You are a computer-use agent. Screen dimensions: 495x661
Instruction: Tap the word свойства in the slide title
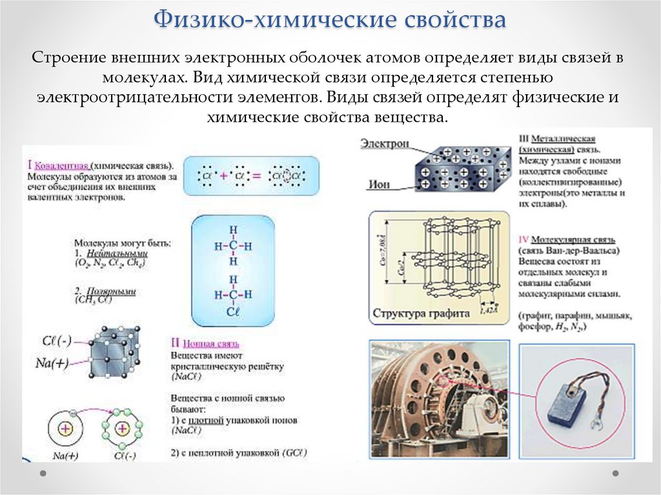tap(454, 20)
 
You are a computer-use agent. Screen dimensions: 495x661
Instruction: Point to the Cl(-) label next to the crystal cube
tap(57, 339)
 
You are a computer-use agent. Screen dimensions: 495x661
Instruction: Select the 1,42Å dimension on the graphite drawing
tap(488, 310)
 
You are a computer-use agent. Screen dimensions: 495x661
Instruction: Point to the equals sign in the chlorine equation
tap(255, 176)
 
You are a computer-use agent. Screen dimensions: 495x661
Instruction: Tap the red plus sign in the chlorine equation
tap(223, 176)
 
